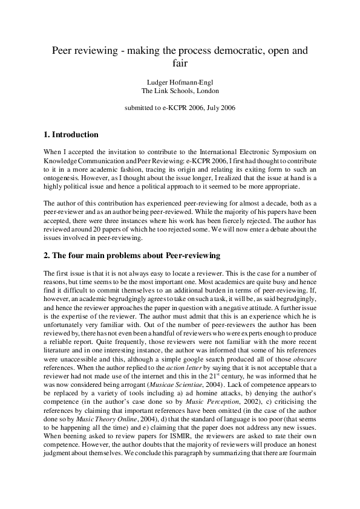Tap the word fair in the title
[180, 64]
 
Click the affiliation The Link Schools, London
[180, 91]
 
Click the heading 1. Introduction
[71, 134]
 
